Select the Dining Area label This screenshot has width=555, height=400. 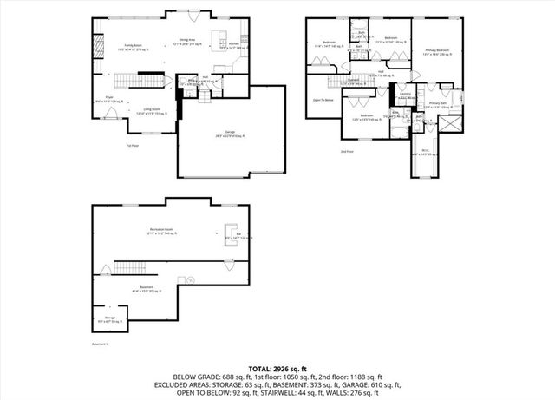coord(187,40)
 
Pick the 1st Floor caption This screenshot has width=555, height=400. coord(134,145)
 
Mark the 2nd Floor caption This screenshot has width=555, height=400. coord(348,151)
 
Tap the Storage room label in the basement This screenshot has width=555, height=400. coord(110,318)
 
